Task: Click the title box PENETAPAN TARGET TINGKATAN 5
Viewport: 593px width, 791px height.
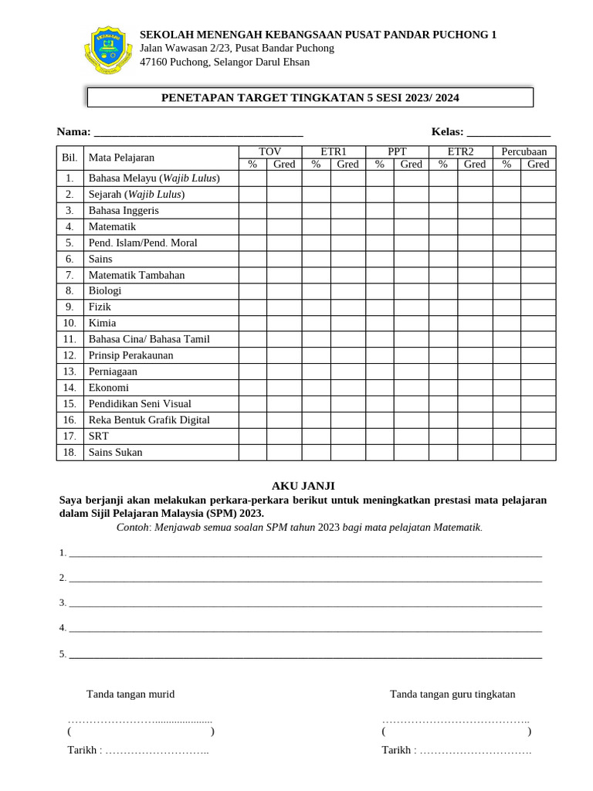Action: pos(310,97)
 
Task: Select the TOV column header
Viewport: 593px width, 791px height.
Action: pos(269,151)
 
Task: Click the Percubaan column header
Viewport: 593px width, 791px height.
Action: pos(524,151)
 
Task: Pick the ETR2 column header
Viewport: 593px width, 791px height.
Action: pos(460,151)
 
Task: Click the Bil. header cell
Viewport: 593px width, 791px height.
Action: pos(69,158)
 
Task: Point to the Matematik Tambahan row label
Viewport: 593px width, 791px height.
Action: pos(137,275)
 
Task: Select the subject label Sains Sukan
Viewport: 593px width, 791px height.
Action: pos(115,453)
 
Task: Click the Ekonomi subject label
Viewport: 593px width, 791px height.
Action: pos(109,388)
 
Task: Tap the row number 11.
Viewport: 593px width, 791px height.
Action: pos(69,339)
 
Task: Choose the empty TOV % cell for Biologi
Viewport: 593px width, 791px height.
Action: pos(252,291)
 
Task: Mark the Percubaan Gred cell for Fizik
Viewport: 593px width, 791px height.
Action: pos(538,307)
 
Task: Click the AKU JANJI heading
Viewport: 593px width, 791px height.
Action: pos(303,485)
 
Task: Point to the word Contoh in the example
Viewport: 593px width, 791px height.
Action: pos(133,528)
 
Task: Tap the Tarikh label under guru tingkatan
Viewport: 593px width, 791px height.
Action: pos(398,750)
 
